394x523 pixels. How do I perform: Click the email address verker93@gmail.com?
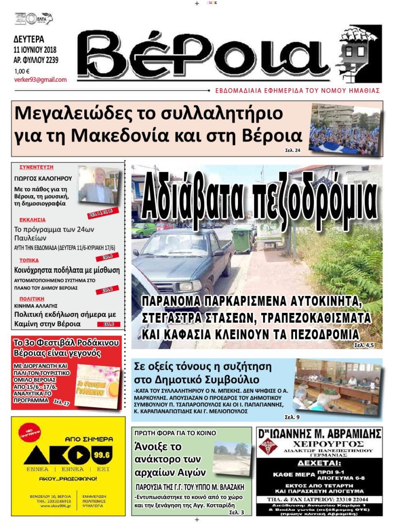tap(40, 80)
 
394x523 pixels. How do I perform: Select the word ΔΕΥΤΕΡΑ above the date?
tap(29, 39)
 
